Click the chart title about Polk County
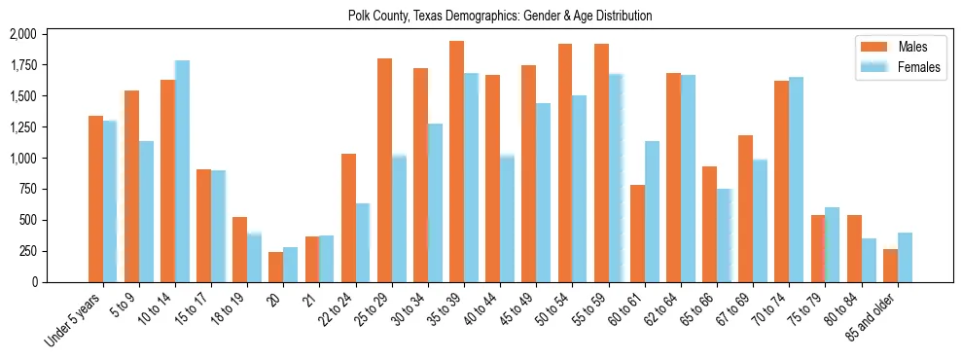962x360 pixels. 500,16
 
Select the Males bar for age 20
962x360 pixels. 276,267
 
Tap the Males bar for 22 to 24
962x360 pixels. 348,218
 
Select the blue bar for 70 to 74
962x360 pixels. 797,179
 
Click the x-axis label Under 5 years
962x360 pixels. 74,322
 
